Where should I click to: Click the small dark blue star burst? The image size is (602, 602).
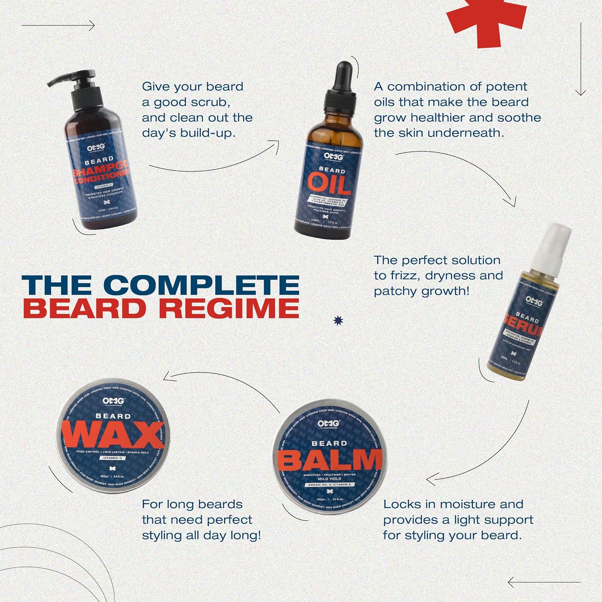click(339, 320)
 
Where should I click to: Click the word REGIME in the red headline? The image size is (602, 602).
click(229, 308)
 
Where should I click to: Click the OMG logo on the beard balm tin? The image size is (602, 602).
click(329, 424)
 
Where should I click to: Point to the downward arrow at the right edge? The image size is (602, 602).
click(580, 60)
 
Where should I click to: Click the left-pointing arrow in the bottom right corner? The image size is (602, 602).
click(542, 582)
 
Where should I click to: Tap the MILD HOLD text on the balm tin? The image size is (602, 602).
click(329, 479)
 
